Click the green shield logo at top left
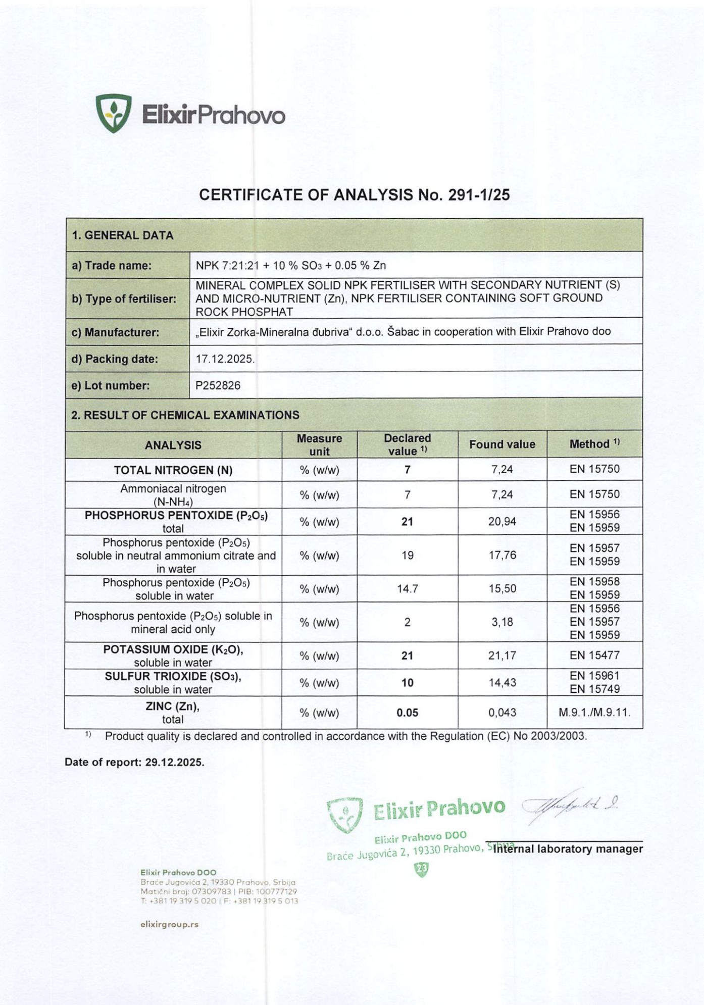point(114,113)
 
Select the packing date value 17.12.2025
point(225,359)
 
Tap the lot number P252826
point(218,385)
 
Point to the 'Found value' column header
point(501,444)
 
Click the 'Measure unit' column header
point(319,444)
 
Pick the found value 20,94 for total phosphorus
point(501,522)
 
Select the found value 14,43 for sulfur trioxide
point(501,683)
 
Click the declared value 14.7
point(407,589)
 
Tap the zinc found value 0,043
point(502,713)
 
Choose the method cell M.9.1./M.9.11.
point(594,713)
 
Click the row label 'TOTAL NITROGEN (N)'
point(173,470)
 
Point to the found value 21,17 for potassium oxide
point(501,656)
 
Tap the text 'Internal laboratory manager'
point(568,849)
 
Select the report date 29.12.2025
point(175,762)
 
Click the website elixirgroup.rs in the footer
point(169,924)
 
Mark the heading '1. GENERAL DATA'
point(123,235)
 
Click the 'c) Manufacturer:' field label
point(115,332)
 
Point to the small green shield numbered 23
point(421,869)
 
